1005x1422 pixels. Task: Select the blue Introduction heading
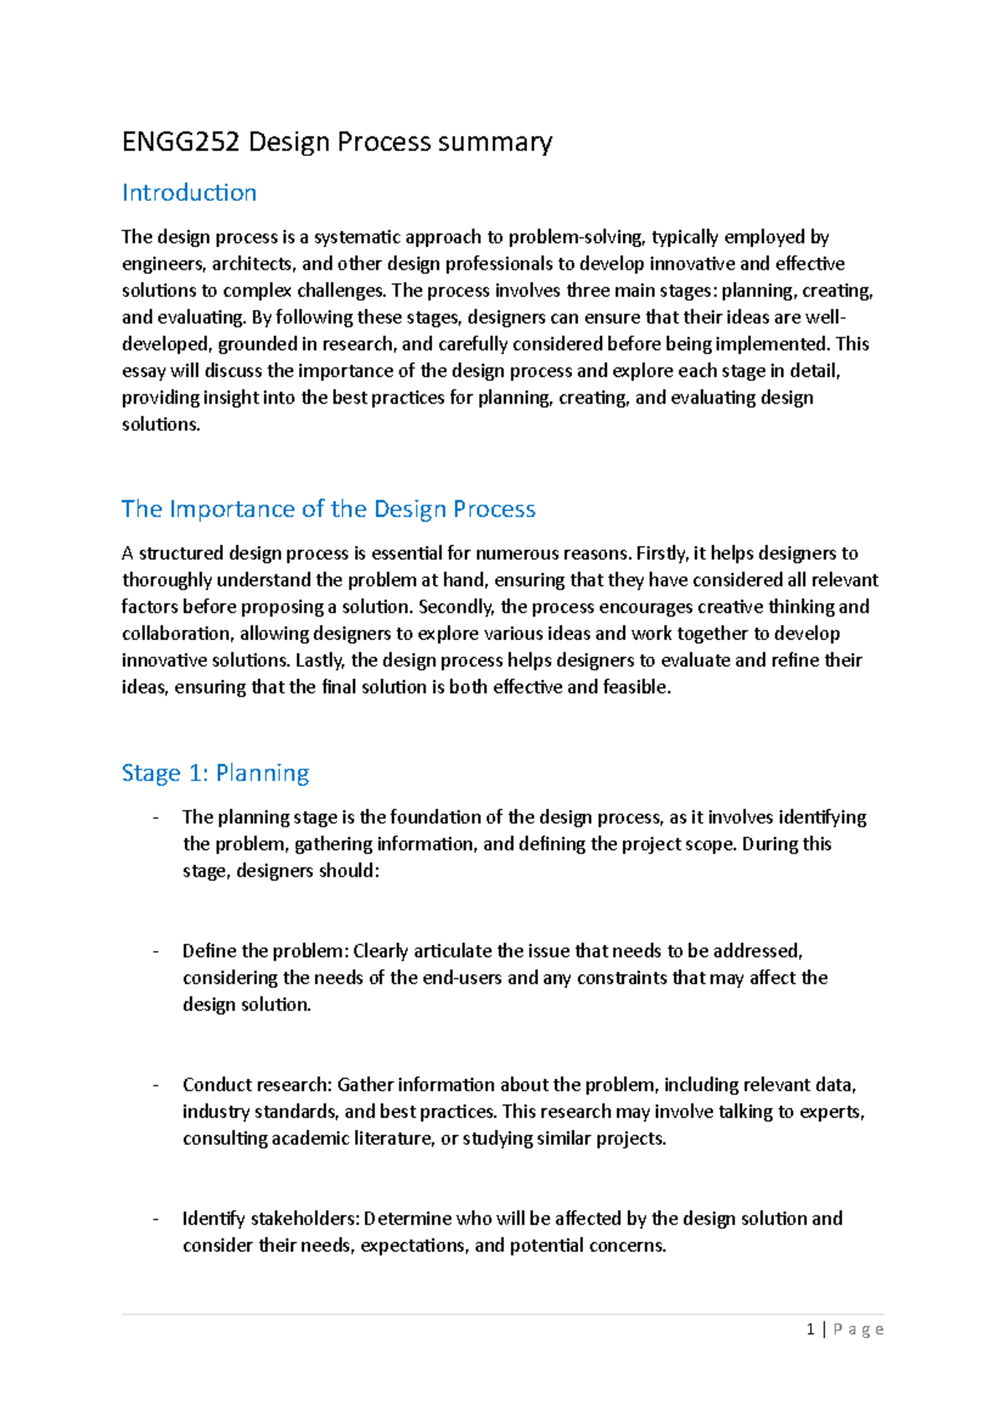pyautogui.click(x=189, y=193)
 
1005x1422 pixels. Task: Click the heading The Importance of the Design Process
pyautogui.click(x=328, y=509)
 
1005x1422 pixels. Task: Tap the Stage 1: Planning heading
pyautogui.click(x=215, y=773)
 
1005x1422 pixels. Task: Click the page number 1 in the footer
pyautogui.click(x=810, y=1329)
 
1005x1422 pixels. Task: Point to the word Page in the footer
pyautogui.click(x=858, y=1329)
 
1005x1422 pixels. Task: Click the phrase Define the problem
pyautogui.click(x=264, y=951)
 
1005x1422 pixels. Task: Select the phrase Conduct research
pyautogui.click(x=256, y=1085)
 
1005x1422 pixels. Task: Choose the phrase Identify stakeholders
pyautogui.click(x=271, y=1218)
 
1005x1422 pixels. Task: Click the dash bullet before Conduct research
pyautogui.click(x=156, y=1085)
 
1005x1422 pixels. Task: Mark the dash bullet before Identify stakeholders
pyautogui.click(x=156, y=1218)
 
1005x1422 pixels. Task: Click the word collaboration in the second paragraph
pyautogui.click(x=178, y=634)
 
